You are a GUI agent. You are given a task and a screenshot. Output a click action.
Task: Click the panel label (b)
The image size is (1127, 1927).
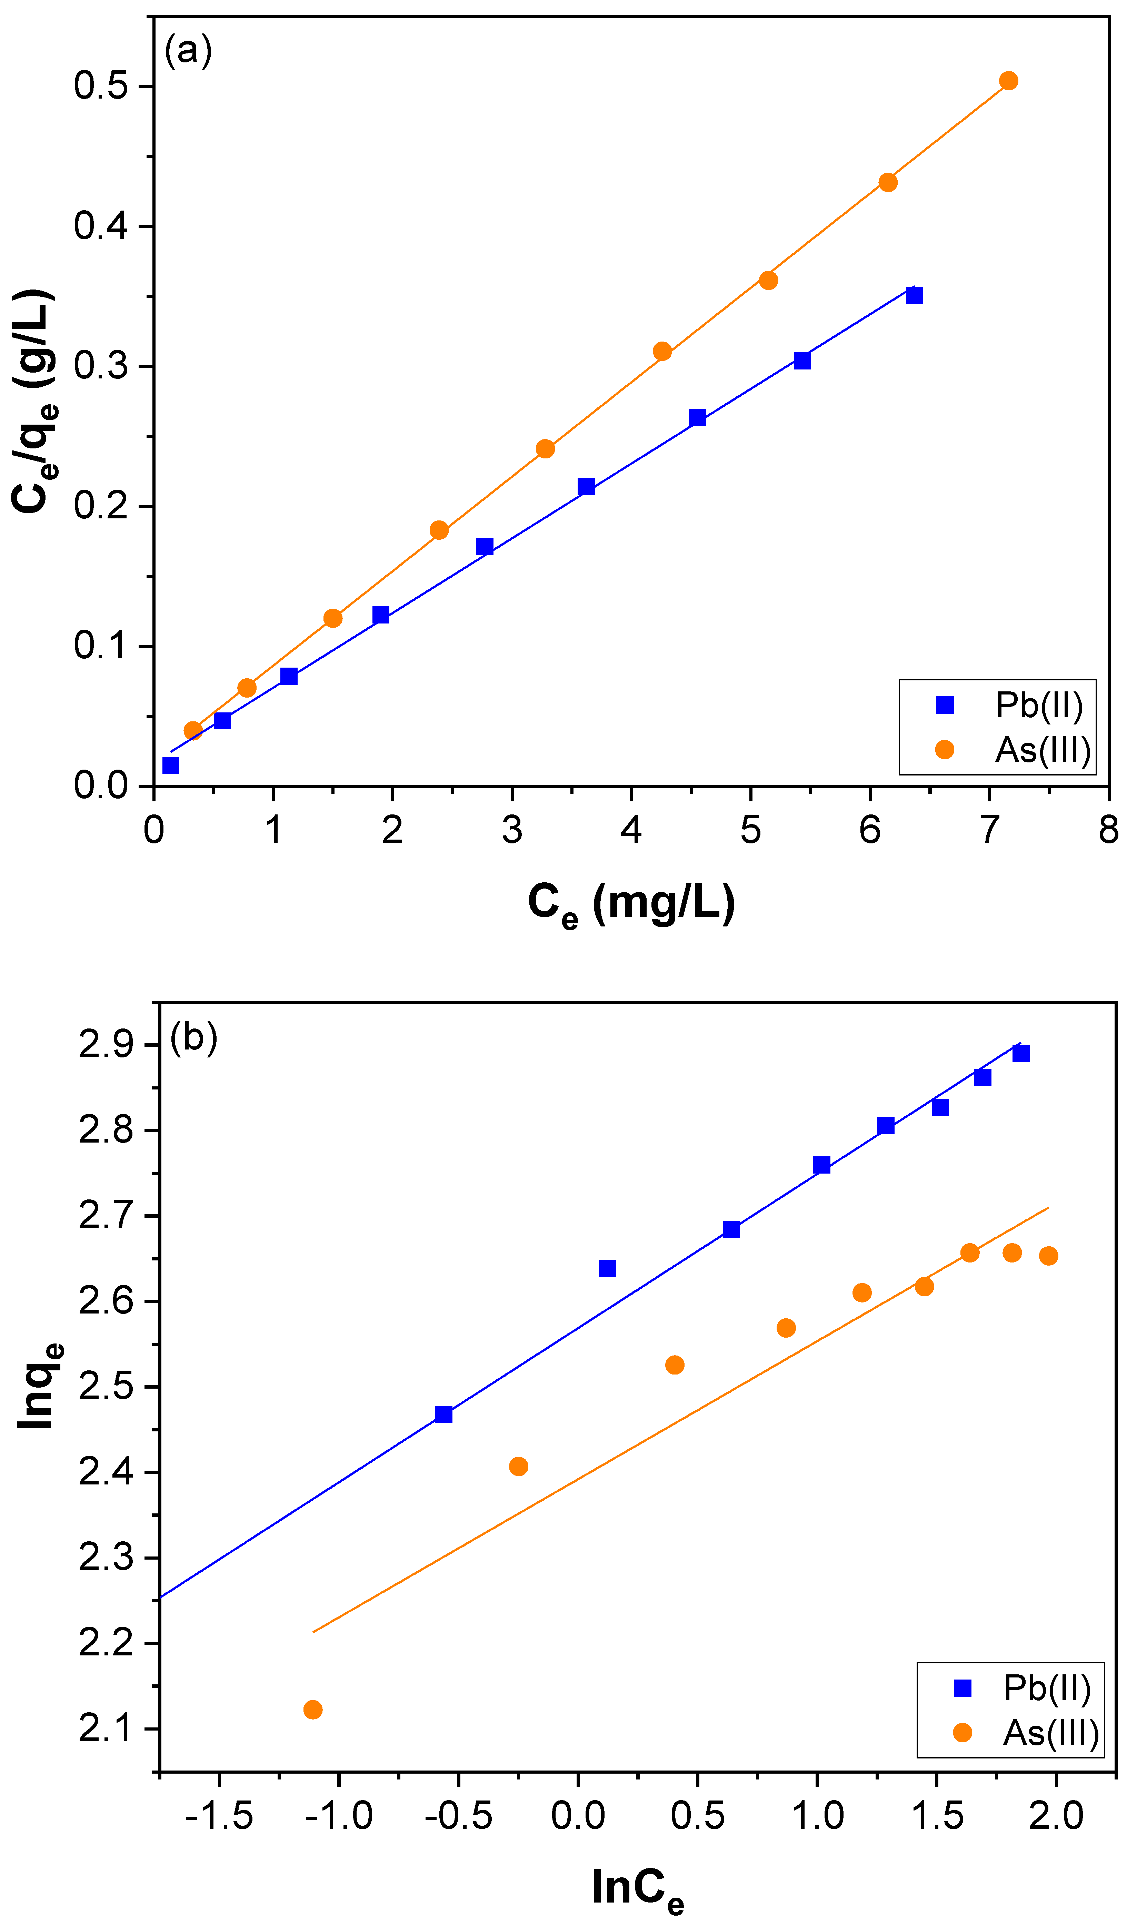(193, 1038)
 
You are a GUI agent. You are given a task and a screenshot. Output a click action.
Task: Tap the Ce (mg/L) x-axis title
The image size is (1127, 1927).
(631, 905)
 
